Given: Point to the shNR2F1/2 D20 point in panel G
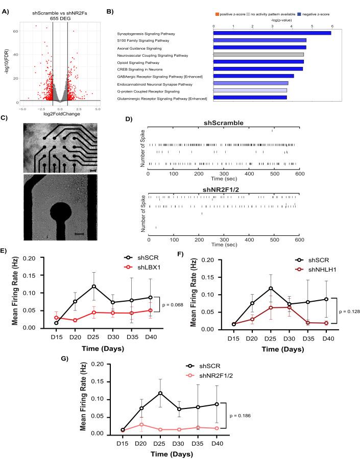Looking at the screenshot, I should point(144,424).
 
